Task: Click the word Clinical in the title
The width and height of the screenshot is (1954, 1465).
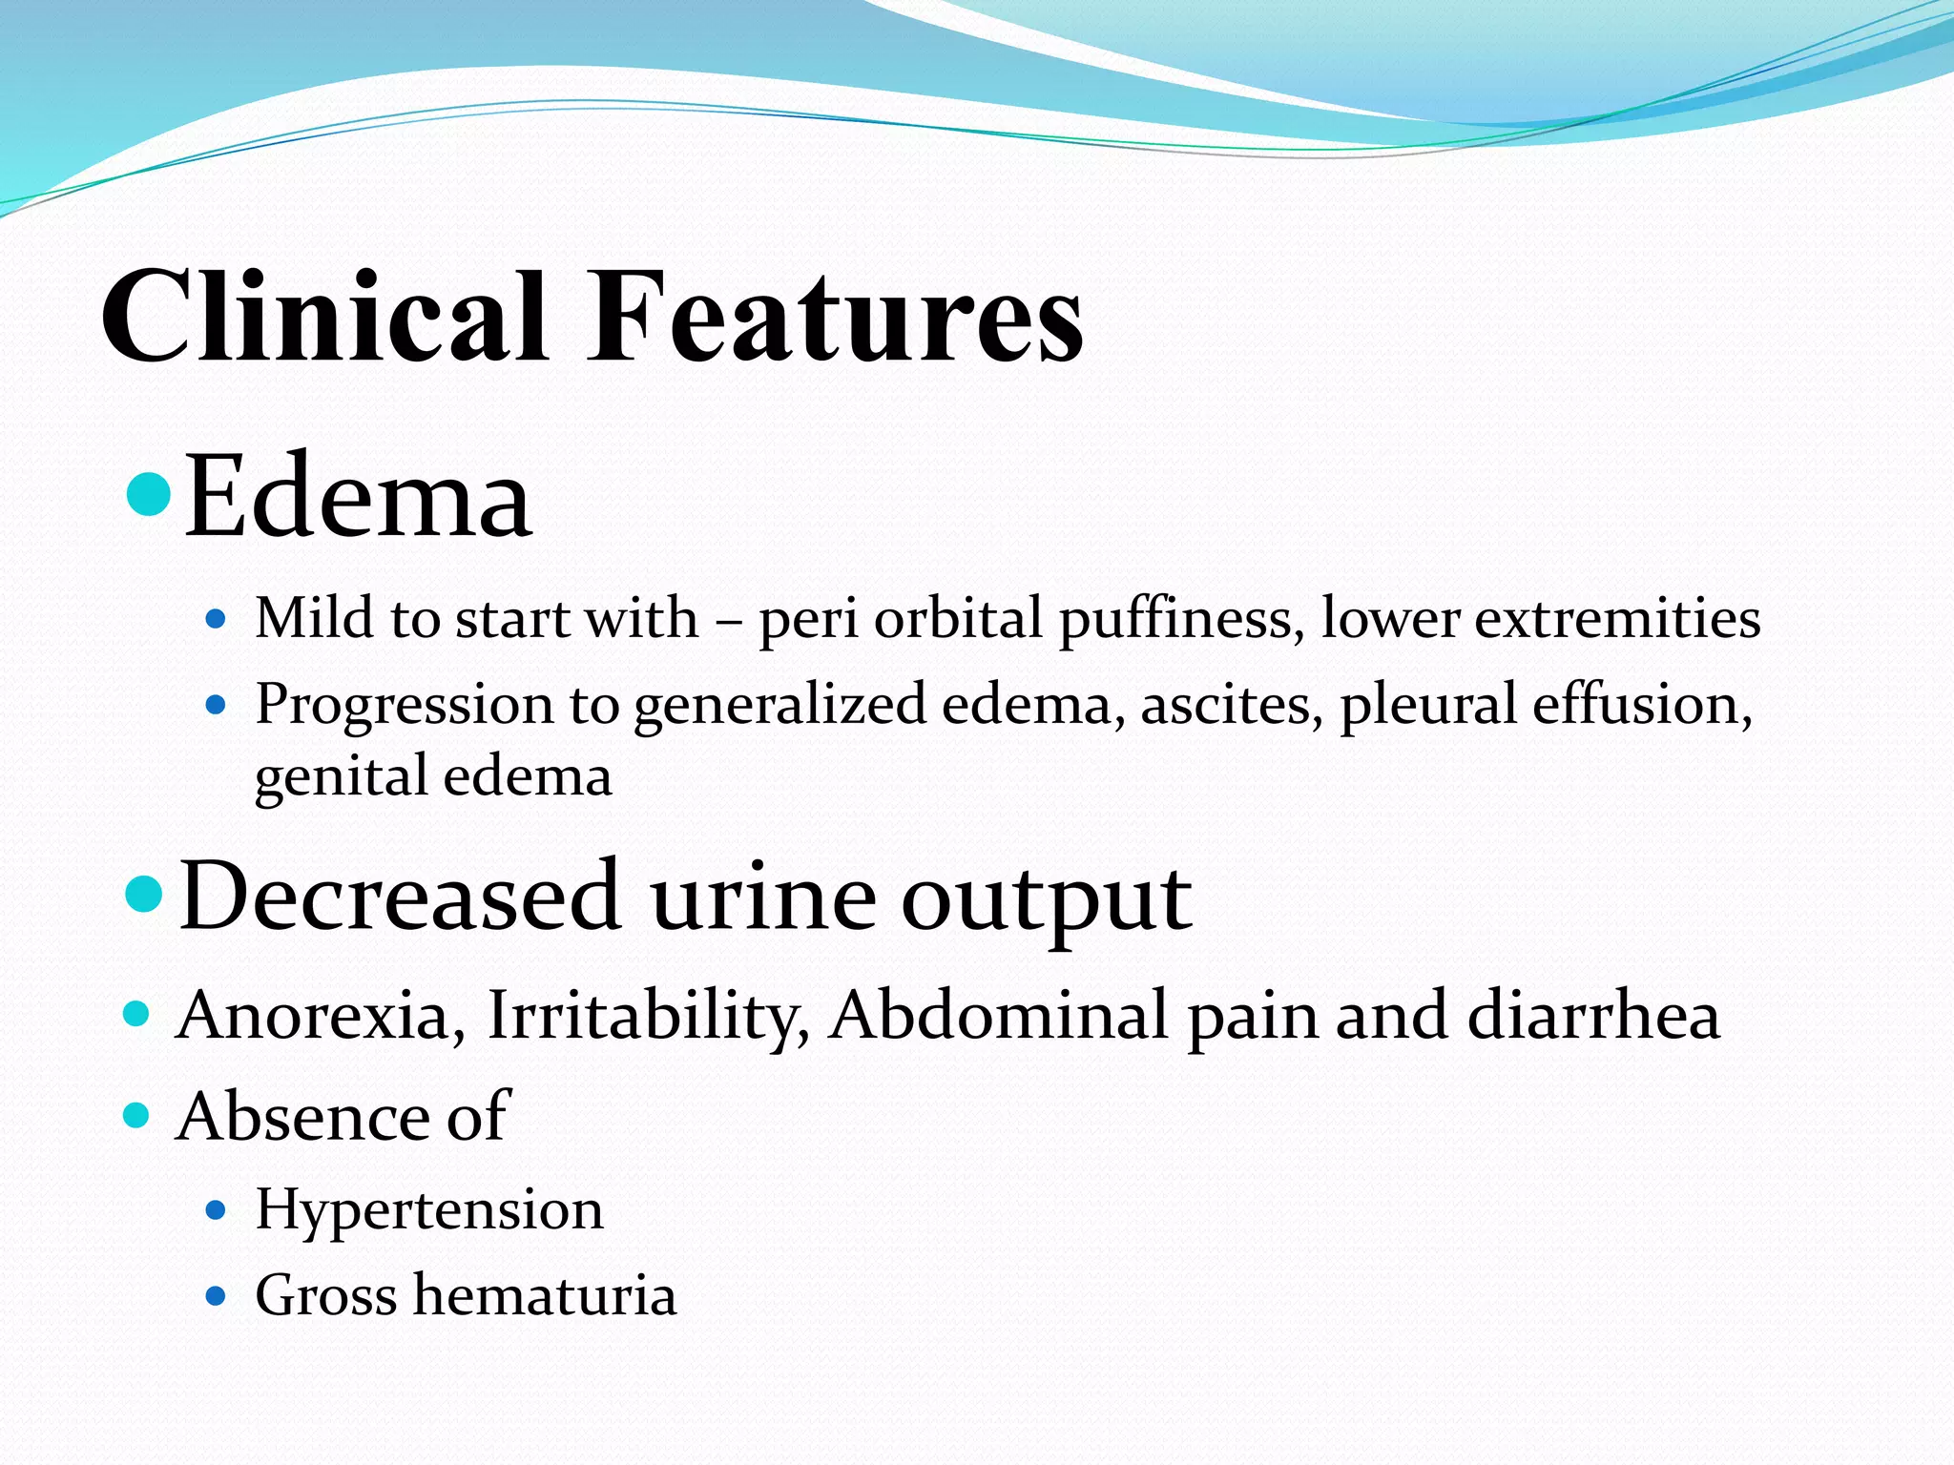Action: coord(324,317)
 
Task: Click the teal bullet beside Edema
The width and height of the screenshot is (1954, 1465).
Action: coord(148,492)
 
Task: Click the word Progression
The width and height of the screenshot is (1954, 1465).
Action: coord(405,706)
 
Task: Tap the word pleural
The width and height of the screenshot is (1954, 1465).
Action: coord(1427,706)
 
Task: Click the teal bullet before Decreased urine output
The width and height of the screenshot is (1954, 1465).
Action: coord(145,895)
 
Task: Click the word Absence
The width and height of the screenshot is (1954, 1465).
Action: coord(303,1116)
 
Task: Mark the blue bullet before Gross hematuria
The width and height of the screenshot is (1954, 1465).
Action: coord(217,1296)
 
